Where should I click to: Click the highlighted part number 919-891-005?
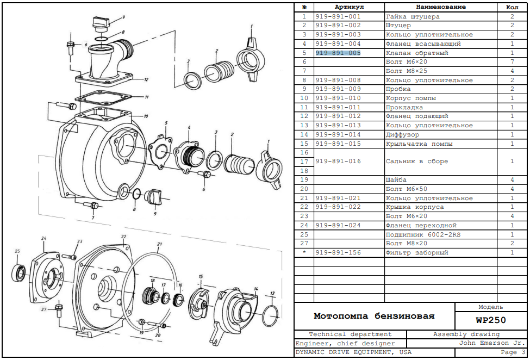click(x=338, y=53)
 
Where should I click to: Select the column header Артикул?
click(x=349, y=7)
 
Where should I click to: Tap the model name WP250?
click(x=491, y=320)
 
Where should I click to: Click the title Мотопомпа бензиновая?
click(x=374, y=316)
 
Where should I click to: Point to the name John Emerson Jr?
click(x=492, y=343)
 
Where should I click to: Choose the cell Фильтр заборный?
click(x=417, y=252)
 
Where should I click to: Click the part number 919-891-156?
click(x=338, y=252)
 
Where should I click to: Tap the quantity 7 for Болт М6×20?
click(x=512, y=62)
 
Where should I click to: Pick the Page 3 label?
click(x=508, y=352)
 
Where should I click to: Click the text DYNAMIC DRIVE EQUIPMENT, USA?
click(x=353, y=352)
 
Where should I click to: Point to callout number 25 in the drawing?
click(x=17, y=251)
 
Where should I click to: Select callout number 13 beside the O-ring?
click(x=271, y=293)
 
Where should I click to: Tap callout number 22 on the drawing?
click(x=123, y=237)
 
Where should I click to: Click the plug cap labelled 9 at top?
click(x=101, y=23)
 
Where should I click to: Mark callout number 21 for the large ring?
click(x=159, y=244)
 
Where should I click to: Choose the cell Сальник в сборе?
click(x=417, y=162)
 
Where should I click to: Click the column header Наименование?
click(x=441, y=7)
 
